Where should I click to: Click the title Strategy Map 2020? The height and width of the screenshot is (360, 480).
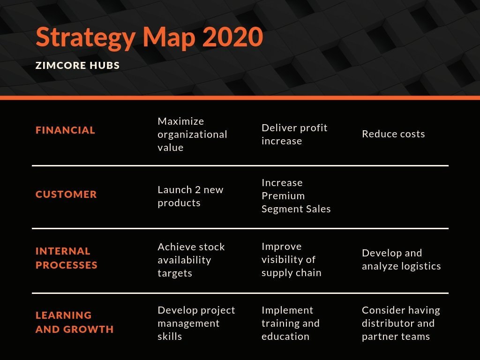(149, 37)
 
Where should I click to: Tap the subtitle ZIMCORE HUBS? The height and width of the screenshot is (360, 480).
(78, 66)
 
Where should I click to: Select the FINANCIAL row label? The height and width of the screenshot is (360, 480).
(65, 130)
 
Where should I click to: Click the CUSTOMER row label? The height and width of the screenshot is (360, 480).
(66, 194)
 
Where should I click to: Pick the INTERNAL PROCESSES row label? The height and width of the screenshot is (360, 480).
(67, 258)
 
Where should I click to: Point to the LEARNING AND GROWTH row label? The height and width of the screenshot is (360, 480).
(75, 322)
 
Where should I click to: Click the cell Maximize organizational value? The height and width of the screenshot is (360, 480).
(192, 134)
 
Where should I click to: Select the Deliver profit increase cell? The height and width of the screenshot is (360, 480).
(294, 134)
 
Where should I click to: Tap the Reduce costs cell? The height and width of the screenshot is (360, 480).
(393, 134)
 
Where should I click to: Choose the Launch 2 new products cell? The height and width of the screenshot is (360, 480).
(190, 196)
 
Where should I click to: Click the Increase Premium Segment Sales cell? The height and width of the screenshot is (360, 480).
(296, 196)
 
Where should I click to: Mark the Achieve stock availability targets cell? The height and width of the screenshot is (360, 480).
(191, 260)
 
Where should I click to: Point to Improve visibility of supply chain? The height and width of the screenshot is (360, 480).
(291, 260)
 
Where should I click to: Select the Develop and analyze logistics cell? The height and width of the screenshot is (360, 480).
(401, 260)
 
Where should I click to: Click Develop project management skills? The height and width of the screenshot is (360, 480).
(196, 323)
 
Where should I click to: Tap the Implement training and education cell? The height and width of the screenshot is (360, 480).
(290, 323)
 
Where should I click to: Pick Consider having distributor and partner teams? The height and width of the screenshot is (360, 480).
(401, 323)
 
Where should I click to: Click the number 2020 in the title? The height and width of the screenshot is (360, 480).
(232, 37)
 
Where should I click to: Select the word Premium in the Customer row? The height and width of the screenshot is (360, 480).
(283, 196)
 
